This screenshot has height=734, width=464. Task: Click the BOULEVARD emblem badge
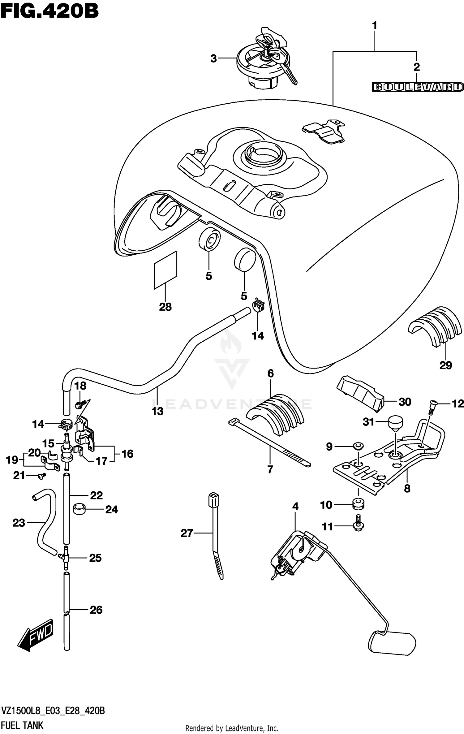click(x=417, y=87)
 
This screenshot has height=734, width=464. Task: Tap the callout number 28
click(x=165, y=307)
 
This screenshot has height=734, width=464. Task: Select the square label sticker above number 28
click(x=165, y=270)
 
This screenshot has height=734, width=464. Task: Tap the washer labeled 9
click(x=359, y=446)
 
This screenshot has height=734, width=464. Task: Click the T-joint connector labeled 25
click(x=65, y=558)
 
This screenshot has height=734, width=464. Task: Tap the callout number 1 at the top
click(x=375, y=25)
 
